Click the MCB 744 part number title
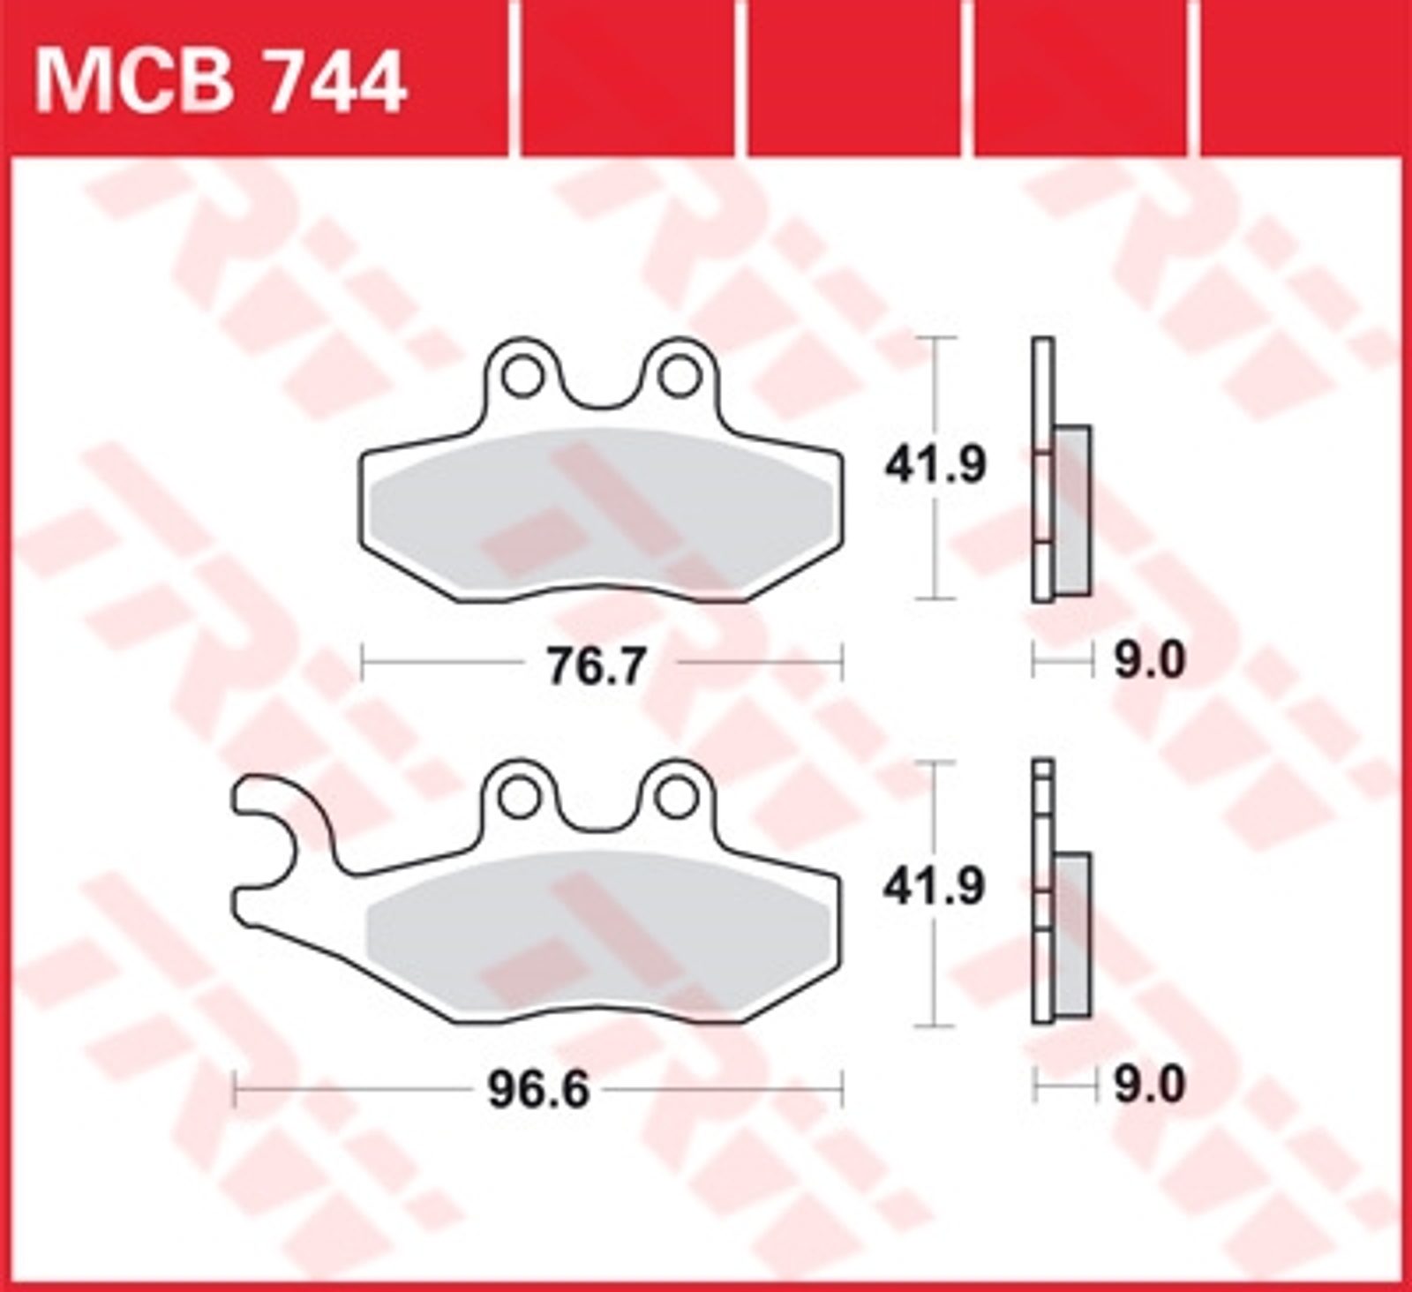[x=220, y=82]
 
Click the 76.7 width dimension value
[x=597, y=666]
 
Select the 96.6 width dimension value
[x=537, y=1092]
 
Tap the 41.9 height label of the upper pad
[x=935, y=465]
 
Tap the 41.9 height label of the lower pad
[x=935, y=887]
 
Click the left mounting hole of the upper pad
[x=522, y=376]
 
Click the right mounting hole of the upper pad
[x=678, y=376]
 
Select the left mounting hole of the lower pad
[x=519, y=797]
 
